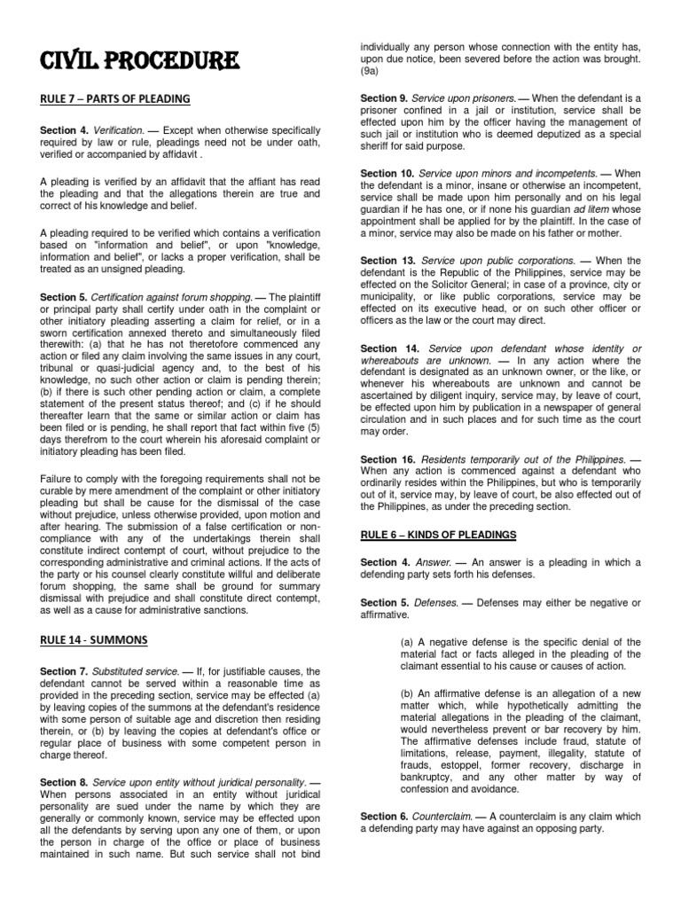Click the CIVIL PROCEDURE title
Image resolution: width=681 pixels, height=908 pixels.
(x=138, y=63)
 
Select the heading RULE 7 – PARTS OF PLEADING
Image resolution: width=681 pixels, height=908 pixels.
(x=114, y=98)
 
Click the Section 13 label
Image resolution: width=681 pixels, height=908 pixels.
(x=387, y=261)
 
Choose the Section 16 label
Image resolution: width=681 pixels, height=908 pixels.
(x=387, y=459)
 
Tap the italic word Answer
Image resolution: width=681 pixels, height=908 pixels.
(x=436, y=562)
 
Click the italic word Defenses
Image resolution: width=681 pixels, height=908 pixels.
(x=441, y=601)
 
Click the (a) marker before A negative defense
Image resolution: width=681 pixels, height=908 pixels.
(x=408, y=641)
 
